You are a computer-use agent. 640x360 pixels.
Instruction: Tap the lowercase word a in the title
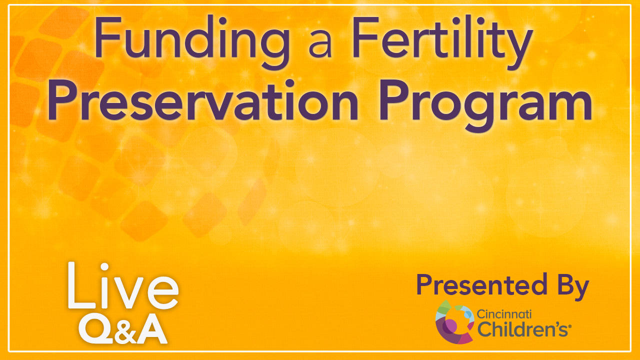pyautogui.click(x=320, y=44)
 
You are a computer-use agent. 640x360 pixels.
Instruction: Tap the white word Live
pyautogui.click(x=123, y=285)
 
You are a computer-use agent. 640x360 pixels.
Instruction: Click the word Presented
pyautogui.click(x=481, y=284)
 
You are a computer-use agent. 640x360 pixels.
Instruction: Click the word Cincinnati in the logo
pyautogui.click(x=504, y=314)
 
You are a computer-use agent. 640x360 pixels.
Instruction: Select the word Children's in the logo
pyautogui.click(x=522, y=329)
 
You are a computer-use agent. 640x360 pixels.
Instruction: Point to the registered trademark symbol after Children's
pyautogui.click(x=569, y=326)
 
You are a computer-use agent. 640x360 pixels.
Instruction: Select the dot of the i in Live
pyautogui.click(x=104, y=267)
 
